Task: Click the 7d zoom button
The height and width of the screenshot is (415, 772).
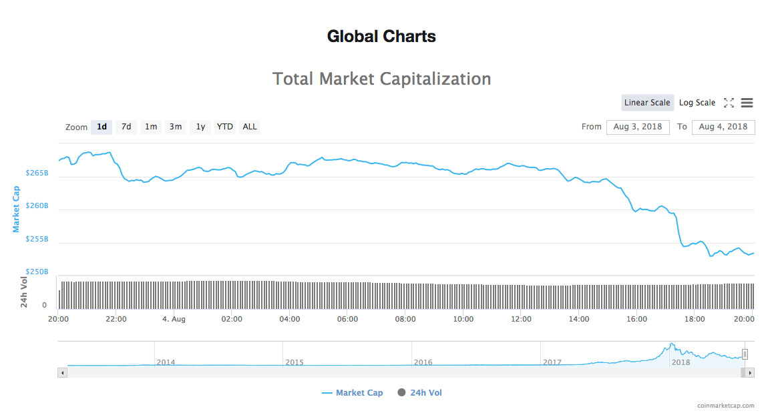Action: [x=126, y=127]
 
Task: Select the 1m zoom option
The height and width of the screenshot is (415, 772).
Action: [x=151, y=127]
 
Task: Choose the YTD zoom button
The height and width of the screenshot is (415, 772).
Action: [x=225, y=127]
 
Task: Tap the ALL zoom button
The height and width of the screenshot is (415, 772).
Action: [x=250, y=127]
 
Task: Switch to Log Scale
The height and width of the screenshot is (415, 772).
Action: [x=697, y=103]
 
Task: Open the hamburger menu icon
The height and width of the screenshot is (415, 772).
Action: [x=747, y=103]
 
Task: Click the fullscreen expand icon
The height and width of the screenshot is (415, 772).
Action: [x=729, y=103]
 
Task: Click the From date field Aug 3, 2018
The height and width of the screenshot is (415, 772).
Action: [x=638, y=127]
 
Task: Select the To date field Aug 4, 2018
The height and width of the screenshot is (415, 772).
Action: [x=723, y=127]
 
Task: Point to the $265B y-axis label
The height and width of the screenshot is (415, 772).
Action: [x=37, y=173]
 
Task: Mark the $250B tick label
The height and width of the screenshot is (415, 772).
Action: [x=37, y=272]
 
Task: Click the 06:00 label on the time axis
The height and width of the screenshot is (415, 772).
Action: [x=347, y=319]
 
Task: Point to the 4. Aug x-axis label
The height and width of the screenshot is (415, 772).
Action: [x=174, y=319]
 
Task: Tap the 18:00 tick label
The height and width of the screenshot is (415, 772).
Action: [x=695, y=319]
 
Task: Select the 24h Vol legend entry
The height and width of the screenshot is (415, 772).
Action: [x=425, y=393]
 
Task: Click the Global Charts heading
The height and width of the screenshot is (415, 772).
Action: [x=381, y=36]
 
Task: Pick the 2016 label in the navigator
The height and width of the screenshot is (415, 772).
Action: [x=423, y=362]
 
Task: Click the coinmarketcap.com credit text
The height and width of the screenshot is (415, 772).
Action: [x=725, y=406]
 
